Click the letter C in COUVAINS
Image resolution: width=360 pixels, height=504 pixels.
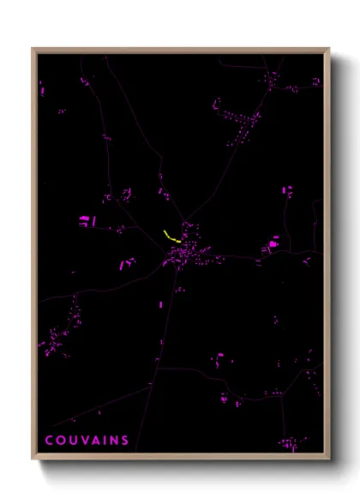(50, 441)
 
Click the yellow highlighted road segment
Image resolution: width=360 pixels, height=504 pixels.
(171, 236)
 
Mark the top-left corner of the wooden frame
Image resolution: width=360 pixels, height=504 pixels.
(33, 49)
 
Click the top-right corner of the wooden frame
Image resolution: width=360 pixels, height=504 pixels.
(329, 49)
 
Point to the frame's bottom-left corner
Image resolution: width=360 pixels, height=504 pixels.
(33, 459)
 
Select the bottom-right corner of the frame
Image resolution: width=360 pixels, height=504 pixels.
(329, 459)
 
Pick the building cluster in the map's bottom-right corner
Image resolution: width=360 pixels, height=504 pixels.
(290, 442)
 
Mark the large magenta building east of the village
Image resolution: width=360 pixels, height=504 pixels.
(273, 245)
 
